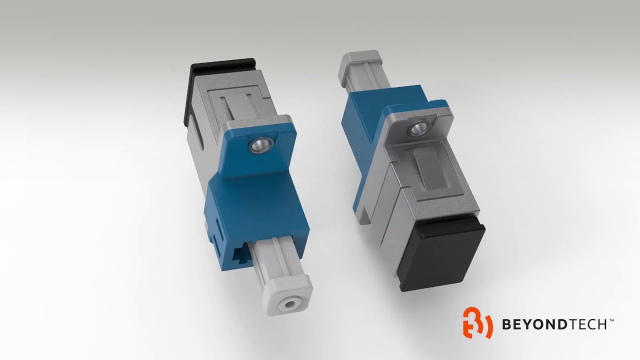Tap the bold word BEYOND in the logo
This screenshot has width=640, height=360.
tap(534, 324)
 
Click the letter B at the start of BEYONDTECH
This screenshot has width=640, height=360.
tap(506, 324)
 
